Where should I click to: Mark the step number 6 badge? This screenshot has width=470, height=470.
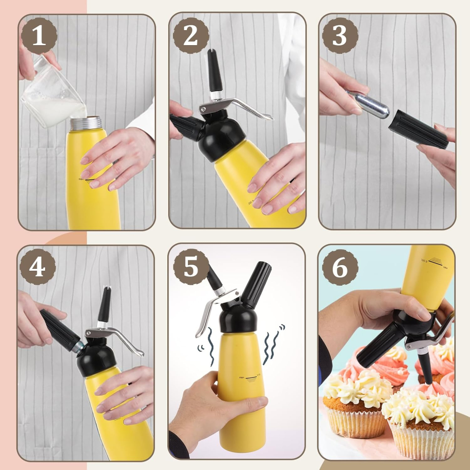click(x=340, y=267)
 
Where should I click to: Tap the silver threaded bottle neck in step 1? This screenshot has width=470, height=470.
click(x=86, y=123)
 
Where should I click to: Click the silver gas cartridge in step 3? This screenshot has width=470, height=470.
click(x=371, y=104)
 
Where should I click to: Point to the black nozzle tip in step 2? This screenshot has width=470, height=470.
click(x=215, y=70)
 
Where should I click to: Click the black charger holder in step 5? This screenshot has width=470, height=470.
click(x=256, y=284)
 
